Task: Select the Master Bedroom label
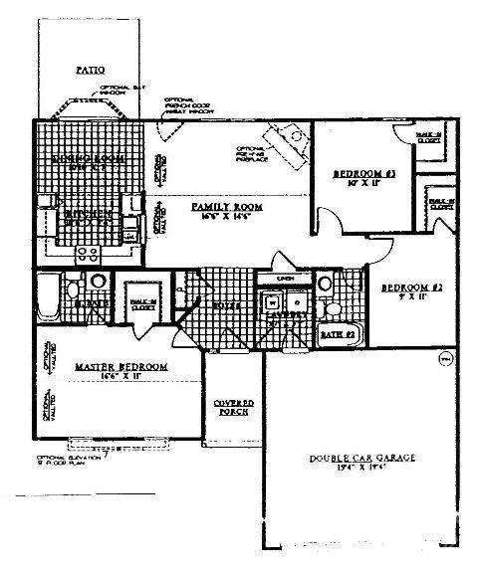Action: click(x=121, y=368)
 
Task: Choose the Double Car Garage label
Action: click(x=360, y=458)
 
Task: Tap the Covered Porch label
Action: click(x=234, y=408)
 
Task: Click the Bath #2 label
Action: click(x=338, y=336)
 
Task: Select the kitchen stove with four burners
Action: click(x=88, y=253)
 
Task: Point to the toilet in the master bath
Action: click(x=73, y=288)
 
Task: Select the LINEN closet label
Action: click(x=285, y=278)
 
